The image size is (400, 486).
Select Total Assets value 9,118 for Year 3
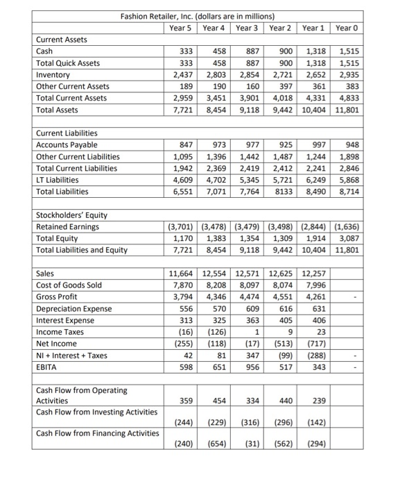pos(250,110)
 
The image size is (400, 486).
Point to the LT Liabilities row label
pos(59,180)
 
